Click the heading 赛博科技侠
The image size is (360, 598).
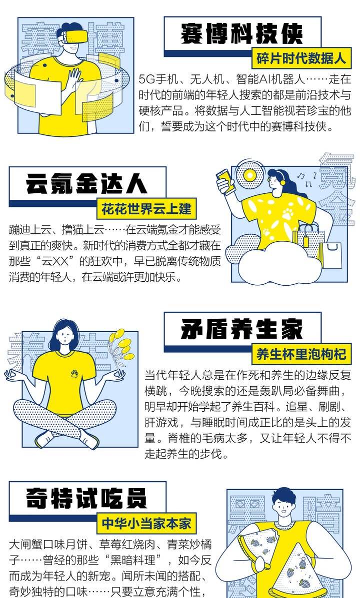(241, 34)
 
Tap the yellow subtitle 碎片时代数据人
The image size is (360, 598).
(301, 58)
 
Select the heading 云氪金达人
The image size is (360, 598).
(86, 184)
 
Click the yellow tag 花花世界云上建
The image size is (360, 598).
(146, 209)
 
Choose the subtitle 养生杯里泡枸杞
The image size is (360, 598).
(301, 354)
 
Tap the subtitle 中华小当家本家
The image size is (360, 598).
(146, 523)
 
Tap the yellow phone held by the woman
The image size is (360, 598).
(225, 180)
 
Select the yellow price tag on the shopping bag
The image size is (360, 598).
(306, 241)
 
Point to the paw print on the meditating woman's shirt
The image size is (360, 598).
(74, 373)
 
